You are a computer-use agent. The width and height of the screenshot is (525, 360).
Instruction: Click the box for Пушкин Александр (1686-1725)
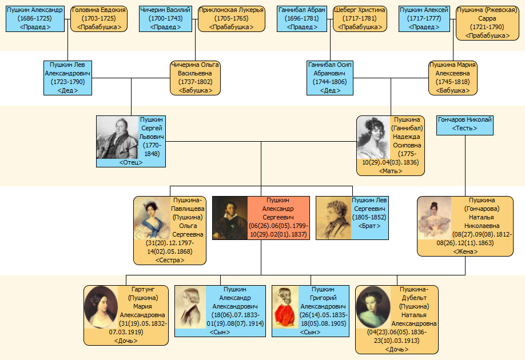35,18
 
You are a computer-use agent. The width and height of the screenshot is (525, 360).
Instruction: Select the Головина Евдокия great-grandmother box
98,18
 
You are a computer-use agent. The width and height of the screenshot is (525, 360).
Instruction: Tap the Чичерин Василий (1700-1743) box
165,18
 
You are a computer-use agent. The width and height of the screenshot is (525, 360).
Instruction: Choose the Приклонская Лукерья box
231,18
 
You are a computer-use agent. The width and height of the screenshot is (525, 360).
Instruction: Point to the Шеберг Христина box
360,18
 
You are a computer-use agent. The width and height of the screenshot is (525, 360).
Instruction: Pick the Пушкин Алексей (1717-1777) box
424,18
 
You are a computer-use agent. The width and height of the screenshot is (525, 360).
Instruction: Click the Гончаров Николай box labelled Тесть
464,124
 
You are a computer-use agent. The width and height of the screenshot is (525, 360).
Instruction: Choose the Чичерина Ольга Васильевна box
195,77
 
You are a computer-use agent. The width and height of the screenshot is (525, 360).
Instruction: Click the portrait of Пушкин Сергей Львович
117,137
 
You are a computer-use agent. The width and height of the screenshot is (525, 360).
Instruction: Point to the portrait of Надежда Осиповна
374,138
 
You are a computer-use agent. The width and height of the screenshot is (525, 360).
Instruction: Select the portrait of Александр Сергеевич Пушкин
230,218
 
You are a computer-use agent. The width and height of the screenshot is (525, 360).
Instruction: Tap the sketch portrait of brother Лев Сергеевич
333,218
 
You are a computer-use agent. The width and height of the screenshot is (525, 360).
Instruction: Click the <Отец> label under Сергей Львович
131,163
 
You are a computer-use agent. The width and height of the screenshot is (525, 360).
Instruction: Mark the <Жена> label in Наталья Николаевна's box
465,251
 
